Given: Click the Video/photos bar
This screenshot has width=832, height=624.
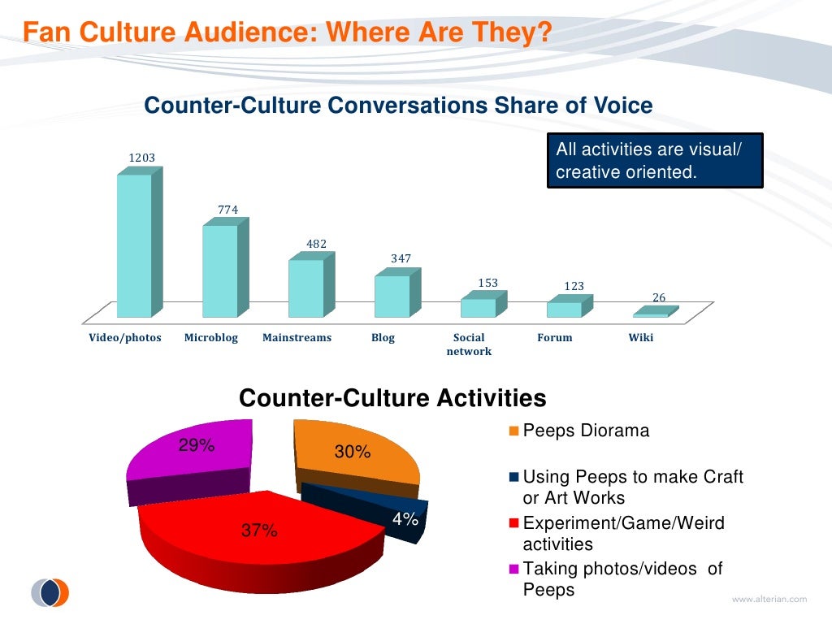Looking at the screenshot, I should pos(134,245).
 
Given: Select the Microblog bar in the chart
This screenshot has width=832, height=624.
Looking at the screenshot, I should pos(220,271).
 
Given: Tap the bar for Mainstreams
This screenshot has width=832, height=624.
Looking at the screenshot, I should pos(305,288).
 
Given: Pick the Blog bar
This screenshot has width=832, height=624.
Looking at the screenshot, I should pos(392,296).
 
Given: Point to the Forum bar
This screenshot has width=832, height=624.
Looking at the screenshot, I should pos(564,309).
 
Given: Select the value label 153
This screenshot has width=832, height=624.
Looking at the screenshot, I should pos(487,284).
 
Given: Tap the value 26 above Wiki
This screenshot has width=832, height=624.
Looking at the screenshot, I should pos(660,298).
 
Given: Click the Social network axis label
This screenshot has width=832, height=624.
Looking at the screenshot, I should pos(469,344).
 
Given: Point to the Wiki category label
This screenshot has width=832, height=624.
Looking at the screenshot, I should pos(641,338).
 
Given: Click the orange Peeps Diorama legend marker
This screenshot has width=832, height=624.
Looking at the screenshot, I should pos(514,431).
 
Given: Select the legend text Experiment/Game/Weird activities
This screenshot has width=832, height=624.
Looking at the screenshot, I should pos(623,534).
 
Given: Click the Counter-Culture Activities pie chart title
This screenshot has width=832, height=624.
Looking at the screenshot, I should pos(392,398).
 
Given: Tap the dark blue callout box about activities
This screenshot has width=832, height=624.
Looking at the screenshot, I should pos(654,161).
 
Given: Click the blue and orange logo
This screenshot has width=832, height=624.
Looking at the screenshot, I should pos(50,593).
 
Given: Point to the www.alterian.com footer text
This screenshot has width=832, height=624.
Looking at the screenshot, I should pos(769,600).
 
